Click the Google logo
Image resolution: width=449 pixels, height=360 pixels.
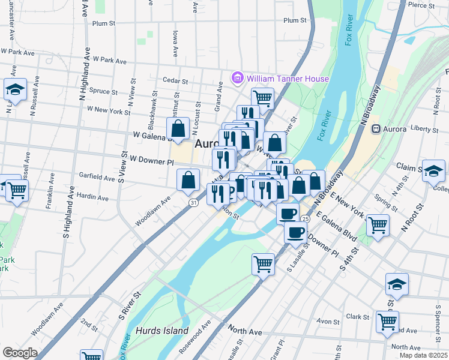[x=20, y=353]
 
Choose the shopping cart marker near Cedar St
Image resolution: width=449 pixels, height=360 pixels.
[x=262, y=97]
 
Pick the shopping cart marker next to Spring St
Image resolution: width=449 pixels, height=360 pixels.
[x=378, y=225]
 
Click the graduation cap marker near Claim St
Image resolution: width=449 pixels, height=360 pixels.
[x=433, y=170]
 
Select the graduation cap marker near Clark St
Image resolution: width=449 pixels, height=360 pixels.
[x=397, y=284]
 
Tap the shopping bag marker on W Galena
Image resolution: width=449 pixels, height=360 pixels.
[x=178, y=128]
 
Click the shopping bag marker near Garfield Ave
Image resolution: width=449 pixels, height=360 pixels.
[x=188, y=179]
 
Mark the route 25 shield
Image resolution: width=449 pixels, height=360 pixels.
[x=306, y=220]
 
